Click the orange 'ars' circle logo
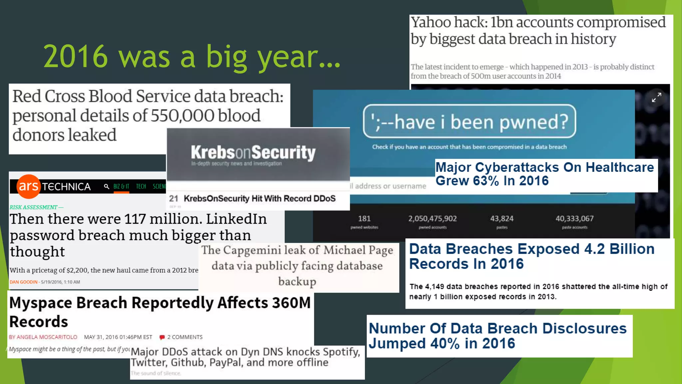pos(29,186)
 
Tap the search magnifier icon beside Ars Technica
pos(106,187)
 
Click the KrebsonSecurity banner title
pos(253,153)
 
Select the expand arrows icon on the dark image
pos(656,98)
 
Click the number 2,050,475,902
pos(432,218)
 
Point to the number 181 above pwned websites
pos(364,218)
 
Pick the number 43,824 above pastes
pos(502,218)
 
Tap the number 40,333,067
pos(574,218)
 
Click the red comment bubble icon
pos(162,337)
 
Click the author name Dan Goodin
pos(23,282)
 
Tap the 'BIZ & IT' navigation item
pos(121,187)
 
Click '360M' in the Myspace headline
pos(291,303)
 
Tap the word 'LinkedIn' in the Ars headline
pos(236,219)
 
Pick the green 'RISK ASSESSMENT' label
pos(34,207)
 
